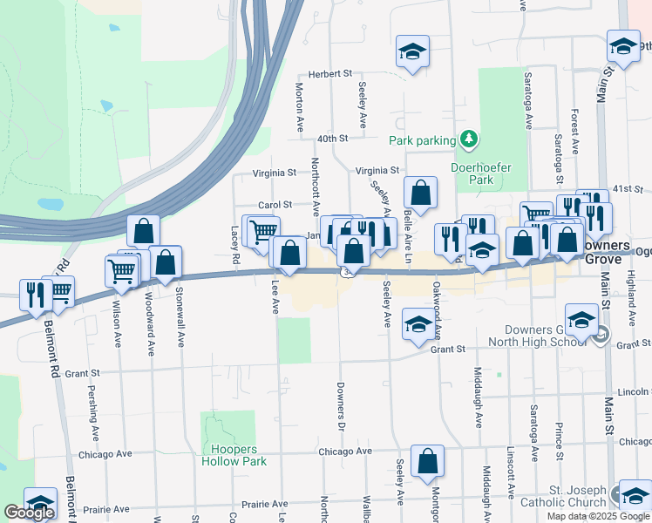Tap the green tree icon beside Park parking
pos(469,139)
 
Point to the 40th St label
pos(333,139)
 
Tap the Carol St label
pos(274,204)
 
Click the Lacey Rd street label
pos(234,248)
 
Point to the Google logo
pos(29,513)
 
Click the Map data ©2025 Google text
pos(597,516)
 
